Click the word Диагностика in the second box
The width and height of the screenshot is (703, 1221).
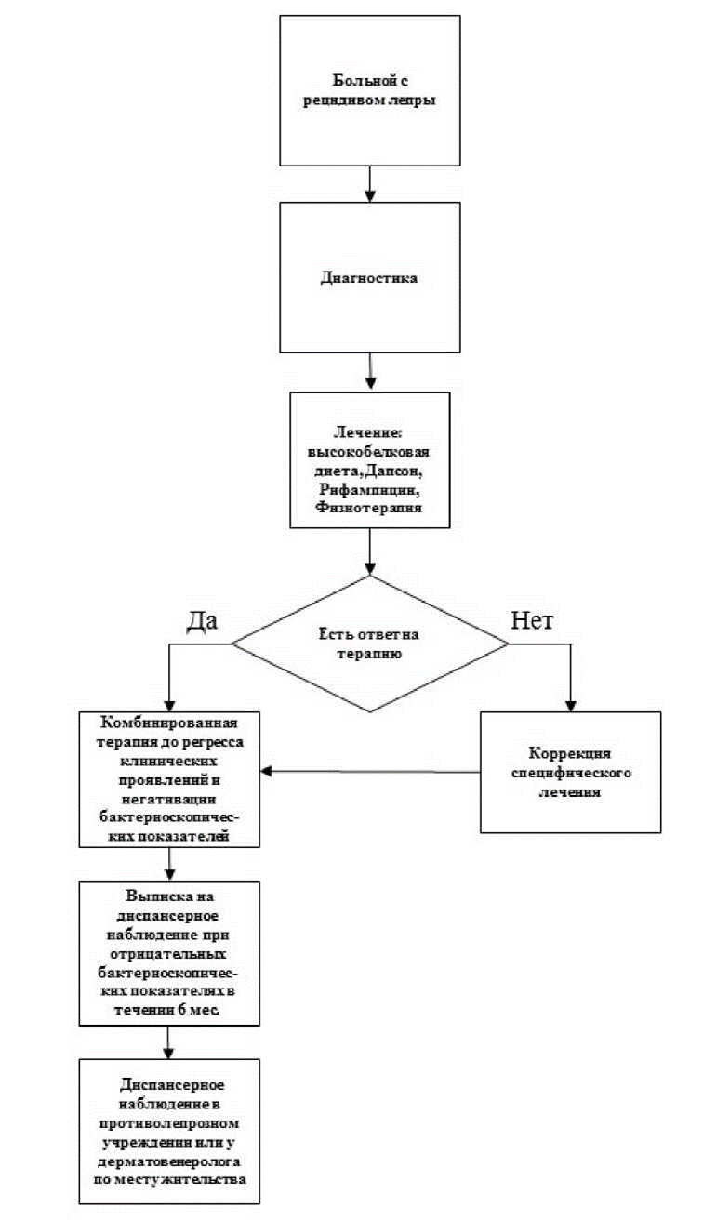tap(370, 277)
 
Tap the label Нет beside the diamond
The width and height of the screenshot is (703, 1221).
tap(534, 621)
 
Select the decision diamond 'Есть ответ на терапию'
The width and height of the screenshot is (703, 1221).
tap(370, 644)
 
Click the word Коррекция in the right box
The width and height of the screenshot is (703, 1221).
tap(569, 753)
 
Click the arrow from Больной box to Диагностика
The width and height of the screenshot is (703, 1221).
tap(370, 184)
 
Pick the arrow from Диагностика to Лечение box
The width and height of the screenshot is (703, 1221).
tap(370, 372)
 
